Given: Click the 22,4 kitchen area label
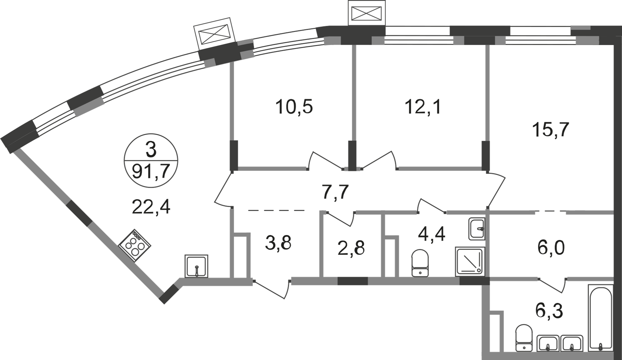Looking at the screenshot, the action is pyautogui.click(x=151, y=207).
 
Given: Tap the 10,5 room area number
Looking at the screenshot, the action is pyautogui.click(x=294, y=107).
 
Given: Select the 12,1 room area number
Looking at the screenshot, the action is pyautogui.click(x=423, y=107).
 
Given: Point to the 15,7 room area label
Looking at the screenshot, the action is pyautogui.click(x=550, y=129).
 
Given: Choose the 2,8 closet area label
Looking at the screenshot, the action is pyautogui.click(x=351, y=248).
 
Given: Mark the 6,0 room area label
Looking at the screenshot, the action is pyautogui.click(x=551, y=248).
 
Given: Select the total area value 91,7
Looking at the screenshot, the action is pyautogui.click(x=151, y=172).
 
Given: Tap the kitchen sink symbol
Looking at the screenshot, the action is pyautogui.click(x=196, y=266).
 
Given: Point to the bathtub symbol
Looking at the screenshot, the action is pyautogui.click(x=600, y=322).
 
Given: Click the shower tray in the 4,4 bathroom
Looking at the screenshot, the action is pyautogui.click(x=470, y=262).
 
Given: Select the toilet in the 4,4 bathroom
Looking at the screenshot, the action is pyautogui.click(x=420, y=263).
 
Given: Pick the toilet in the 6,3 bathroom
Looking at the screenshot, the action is pyautogui.click(x=523, y=338).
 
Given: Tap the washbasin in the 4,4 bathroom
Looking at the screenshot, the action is pyautogui.click(x=477, y=229).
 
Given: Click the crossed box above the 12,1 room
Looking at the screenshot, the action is pyautogui.click(x=367, y=13).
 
